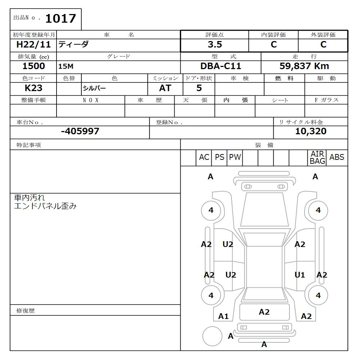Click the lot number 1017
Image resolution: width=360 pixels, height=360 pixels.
pyautogui.click(x=60, y=18)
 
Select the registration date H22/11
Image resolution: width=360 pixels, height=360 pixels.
pyautogui.click(x=34, y=45)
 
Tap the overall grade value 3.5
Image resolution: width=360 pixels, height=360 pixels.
pyautogui.click(x=215, y=45)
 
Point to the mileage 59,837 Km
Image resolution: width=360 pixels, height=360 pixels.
pyautogui.click(x=304, y=66)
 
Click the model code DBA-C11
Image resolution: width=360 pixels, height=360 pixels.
pyautogui.click(x=221, y=66)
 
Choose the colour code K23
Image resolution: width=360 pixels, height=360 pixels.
pyautogui.click(x=33, y=88)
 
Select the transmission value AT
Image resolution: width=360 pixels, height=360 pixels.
pyautogui.click(x=165, y=88)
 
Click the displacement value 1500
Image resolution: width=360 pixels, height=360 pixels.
pyautogui.click(x=33, y=66)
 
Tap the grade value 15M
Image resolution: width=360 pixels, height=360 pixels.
pyautogui.click(x=66, y=67)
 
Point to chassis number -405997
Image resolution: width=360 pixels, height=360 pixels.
pyautogui.click(x=80, y=131)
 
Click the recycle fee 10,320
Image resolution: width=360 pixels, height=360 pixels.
pyautogui.click(x=311, y=131)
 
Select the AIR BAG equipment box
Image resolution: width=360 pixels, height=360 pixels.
pyautogui.click(x=317, y=158)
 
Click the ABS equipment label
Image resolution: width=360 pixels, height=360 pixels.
pyautogui.click(x=337, y=157)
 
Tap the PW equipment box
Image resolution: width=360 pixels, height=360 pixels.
pyautogui.click(x=235, y=157)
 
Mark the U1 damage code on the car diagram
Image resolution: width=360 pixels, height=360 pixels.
pyautogui.click(x=300, y=275)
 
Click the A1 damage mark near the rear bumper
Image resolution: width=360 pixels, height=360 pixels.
pyautogui.click(x=224, y=316)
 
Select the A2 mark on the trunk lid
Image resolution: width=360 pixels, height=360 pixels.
pyautogui.click(x=264, y=312)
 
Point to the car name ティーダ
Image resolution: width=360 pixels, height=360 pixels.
pyautogui.click(x=73, y=45)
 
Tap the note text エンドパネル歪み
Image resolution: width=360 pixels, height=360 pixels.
pyautogui.click(x=45, y=206)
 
